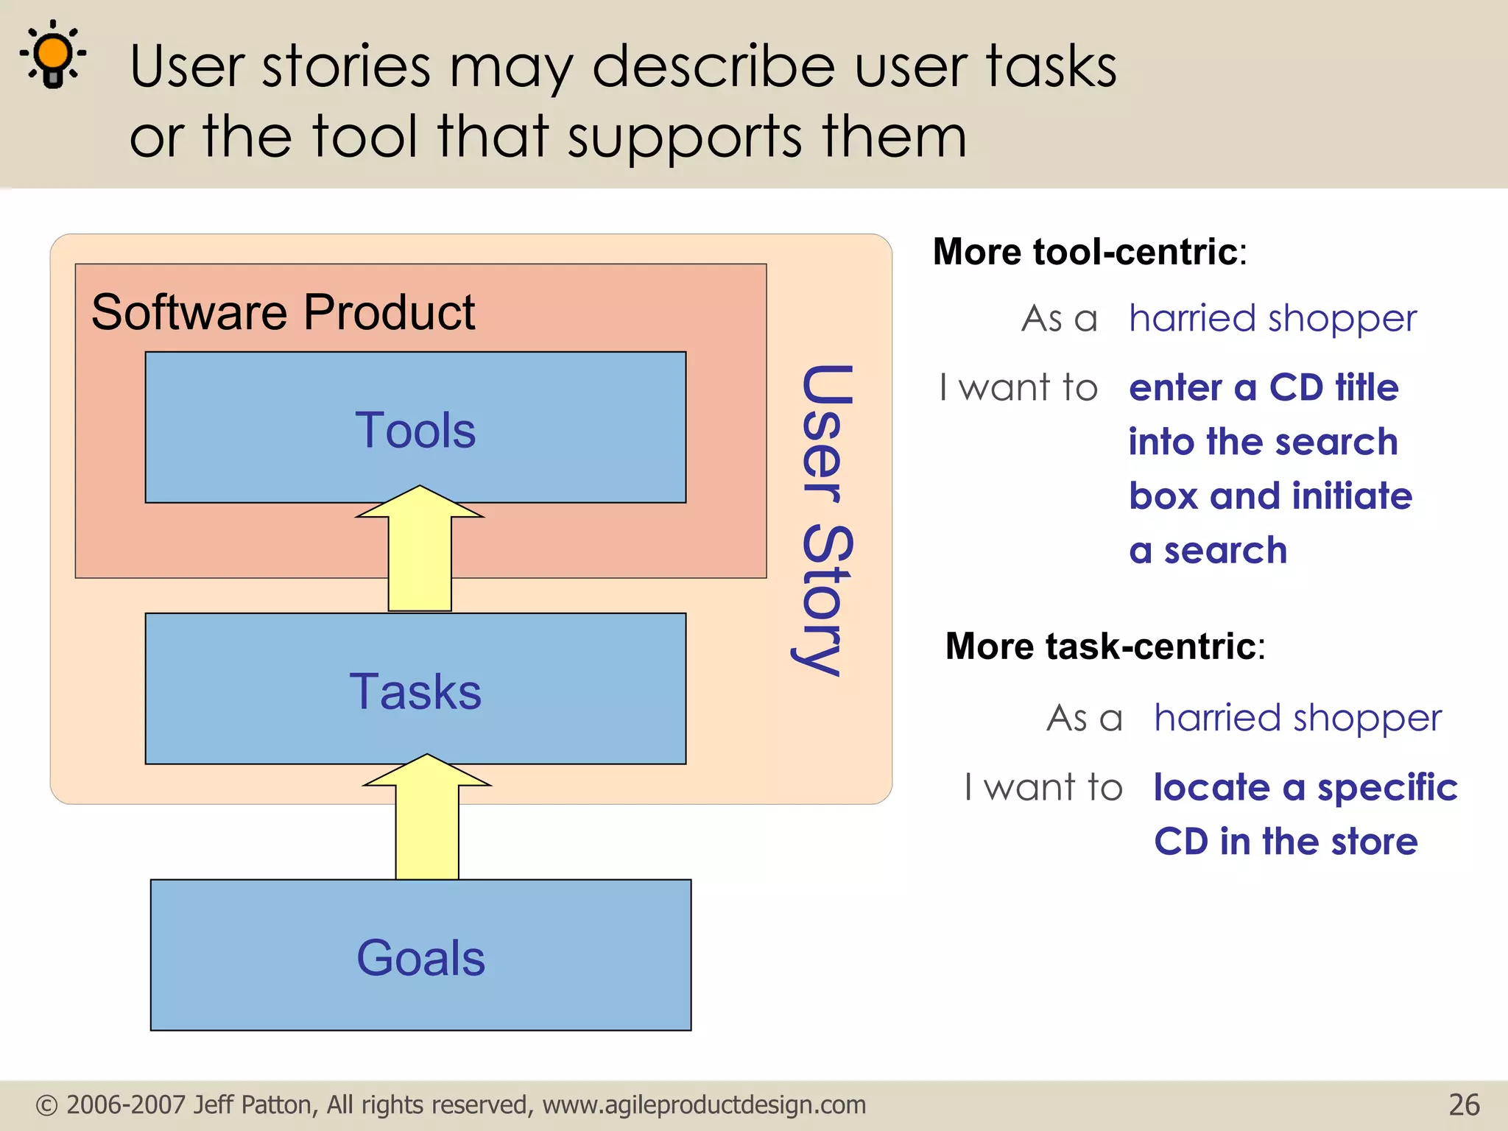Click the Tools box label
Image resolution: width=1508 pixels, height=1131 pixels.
pyautogui.click(x=415, y=430)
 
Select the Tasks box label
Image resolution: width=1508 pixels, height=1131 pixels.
pyautogui.click(x=415, y=691)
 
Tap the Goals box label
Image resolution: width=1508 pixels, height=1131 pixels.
pyautogui.click(x=420, y=958)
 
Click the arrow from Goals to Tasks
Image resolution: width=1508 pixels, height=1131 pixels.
pyautogui.click(x=427, y=817)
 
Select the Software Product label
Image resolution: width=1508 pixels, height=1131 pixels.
pyautogui.click(x=283, y=312)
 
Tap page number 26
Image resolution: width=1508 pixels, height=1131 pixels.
pyautogui.click(x=1464, y=1105)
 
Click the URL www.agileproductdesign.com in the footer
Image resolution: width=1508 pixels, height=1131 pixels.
pyautogui.click(x=704, y=1105)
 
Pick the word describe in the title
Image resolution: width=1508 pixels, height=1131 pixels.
pyautogui.click(x=714, y=66)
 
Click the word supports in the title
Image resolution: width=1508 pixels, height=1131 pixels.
pyautogui.click(x=685, y=138)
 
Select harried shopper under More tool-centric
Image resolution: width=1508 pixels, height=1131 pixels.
pyautogui.click(x=1272, y=319)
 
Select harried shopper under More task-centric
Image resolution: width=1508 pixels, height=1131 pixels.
pyautogui.click(x=1297, y=718)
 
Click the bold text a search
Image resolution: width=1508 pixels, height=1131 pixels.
pyautogui.click(x=1208, y=551)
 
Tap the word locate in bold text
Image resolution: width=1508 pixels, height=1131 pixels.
pyautogui.click(x=1211, y=787)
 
